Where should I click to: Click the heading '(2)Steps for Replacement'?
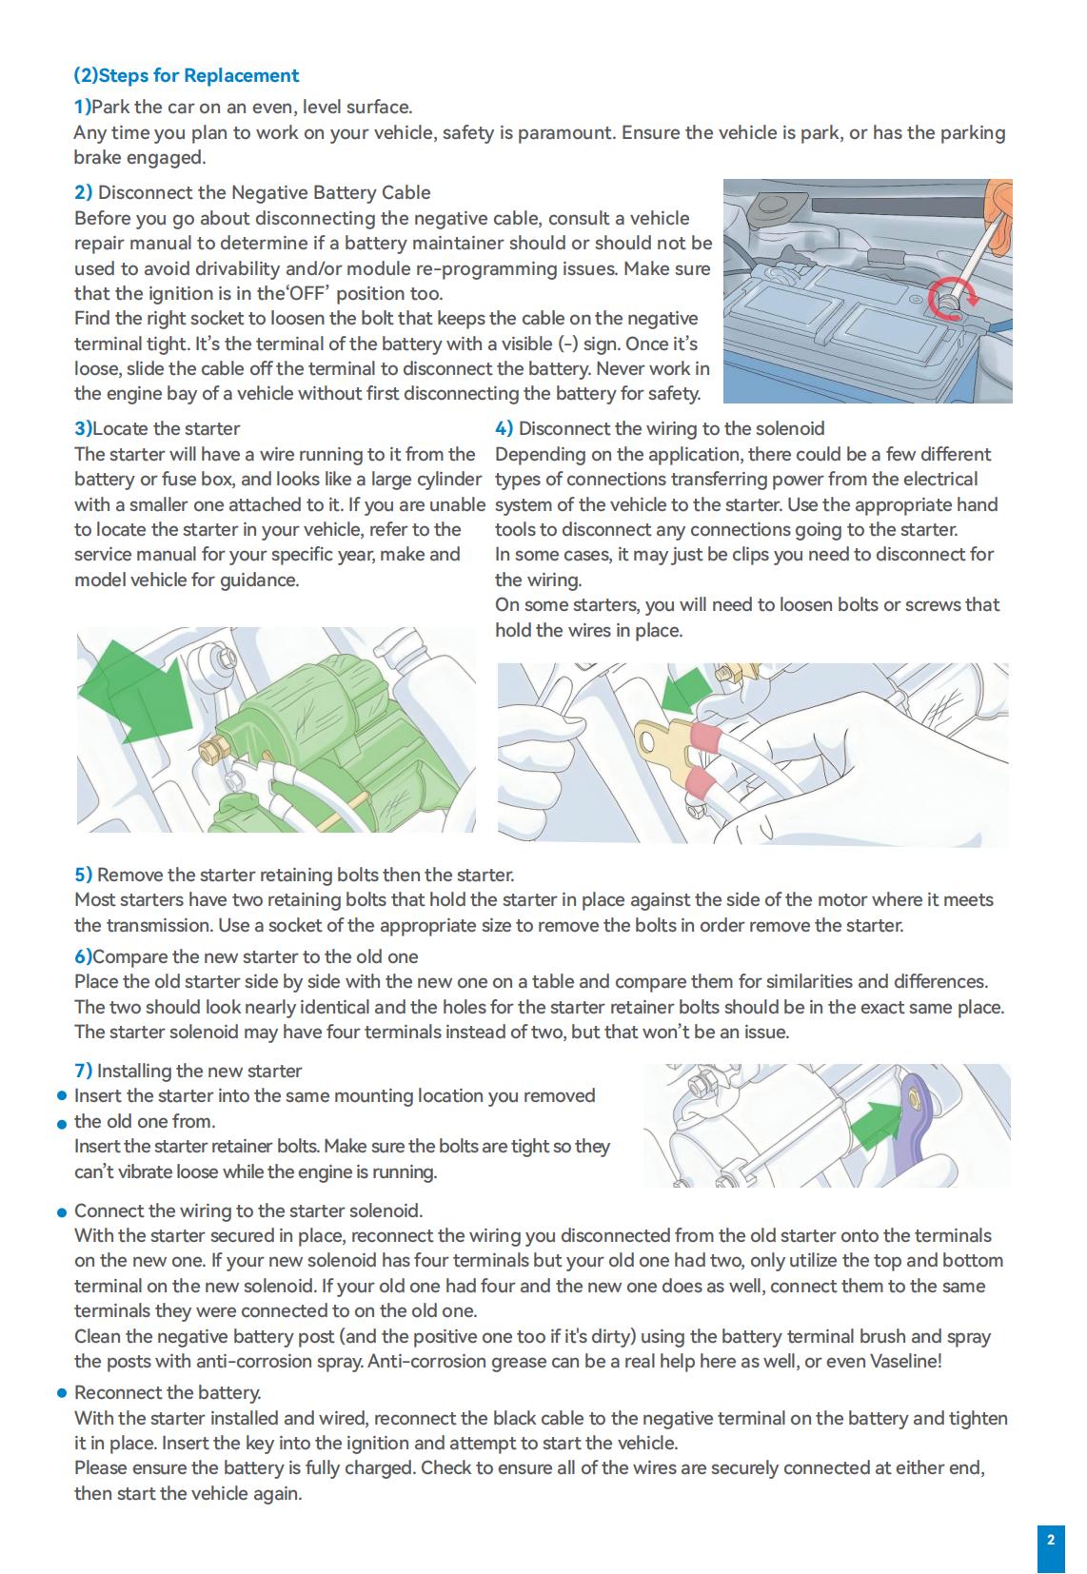pyautogui.click(x=187, y=76)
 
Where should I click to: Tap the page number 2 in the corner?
pyautogui.click(x=1050, y=1540)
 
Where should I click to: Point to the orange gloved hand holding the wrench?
pyautogui.click(x=1000, y=199)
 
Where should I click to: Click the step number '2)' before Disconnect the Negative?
pyautogui.click(x=84, y=193)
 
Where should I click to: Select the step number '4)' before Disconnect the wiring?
pyautogui.click(x=504, y=429)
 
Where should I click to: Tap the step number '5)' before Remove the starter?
pyautogui.click(x=84, y=876)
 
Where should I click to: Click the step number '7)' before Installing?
pyautogui.click(x=84, y=1072)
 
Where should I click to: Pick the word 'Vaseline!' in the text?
pyautogui.click(x=905, y=1362)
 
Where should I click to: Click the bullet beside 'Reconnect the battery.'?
pyautogui.click(x=62, y=1394)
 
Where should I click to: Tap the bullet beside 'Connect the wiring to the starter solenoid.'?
pyautogui.click(x=62, y=1212)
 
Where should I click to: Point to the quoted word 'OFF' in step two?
pyautogui.click(x=307, y=294)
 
